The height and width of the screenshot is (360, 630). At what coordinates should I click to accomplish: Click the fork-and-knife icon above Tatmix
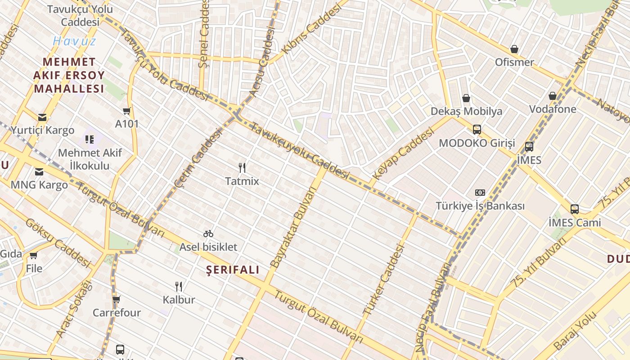pos(242,168)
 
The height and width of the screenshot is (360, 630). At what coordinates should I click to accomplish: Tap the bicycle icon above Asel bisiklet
pos(208,234)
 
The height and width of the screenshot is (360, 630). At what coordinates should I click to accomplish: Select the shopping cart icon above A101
pos(127,111)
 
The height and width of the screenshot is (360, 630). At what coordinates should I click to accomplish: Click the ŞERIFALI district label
pos(233,270)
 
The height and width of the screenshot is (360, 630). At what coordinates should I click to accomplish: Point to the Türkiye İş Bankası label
pos(480,206)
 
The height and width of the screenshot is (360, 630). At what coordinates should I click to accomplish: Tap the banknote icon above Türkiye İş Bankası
pos(480,193)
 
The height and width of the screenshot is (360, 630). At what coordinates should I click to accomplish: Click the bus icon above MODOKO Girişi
pos(477,130)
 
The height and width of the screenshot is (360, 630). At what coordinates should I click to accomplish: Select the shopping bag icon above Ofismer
pos(514,49)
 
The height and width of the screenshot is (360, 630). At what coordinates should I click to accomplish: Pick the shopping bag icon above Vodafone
pos(553,96)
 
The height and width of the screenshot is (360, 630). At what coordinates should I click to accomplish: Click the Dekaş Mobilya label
pos(466,111)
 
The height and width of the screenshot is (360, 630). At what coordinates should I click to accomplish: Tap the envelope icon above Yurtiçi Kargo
pos(42,117)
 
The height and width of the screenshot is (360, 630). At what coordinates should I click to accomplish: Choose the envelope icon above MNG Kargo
pos(39,171)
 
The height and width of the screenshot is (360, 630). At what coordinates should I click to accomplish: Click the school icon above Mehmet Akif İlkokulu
pos(90,139)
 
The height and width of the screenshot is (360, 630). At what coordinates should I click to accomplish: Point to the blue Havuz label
pos(74,41)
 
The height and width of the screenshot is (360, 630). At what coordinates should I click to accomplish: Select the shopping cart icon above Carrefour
pos(117,299)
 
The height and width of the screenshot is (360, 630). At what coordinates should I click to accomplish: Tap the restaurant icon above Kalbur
pos(179,286)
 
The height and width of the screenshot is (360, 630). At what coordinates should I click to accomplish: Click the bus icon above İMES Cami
pos(575,209)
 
